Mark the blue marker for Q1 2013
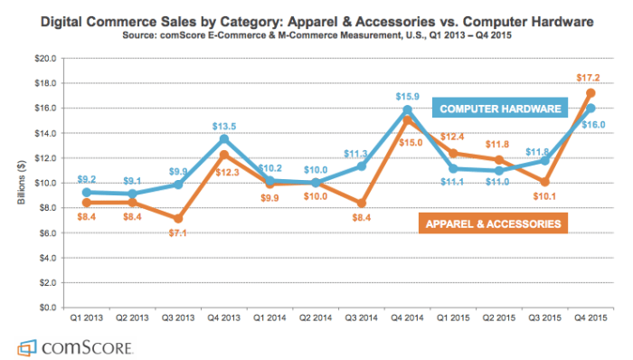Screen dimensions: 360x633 click(85, 193)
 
